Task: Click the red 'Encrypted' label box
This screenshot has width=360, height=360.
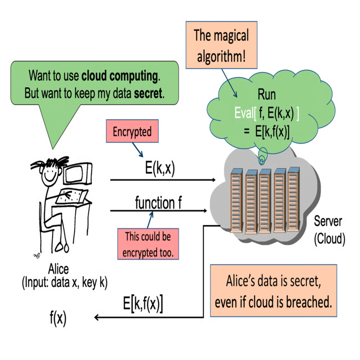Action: (x=132, y=132)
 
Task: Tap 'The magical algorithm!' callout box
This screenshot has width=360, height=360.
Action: (x=221, y=45)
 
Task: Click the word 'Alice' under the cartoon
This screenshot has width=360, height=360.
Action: (x=58, y=269)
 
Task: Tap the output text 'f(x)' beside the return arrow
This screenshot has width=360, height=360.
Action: (x=58, y=319)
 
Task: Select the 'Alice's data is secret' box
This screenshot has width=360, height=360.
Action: (x=273, y=292)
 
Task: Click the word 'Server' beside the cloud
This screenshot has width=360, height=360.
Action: (x=328, y=221)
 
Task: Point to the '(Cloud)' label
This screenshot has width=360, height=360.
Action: (x=329, y=239)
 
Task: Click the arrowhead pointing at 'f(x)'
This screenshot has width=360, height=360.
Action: (x=97, y=318)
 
